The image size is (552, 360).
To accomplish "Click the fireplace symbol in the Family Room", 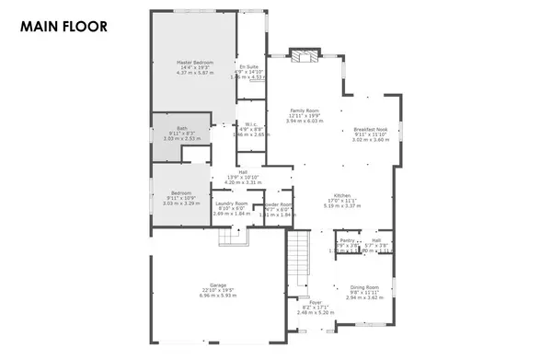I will coord(303,59).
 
